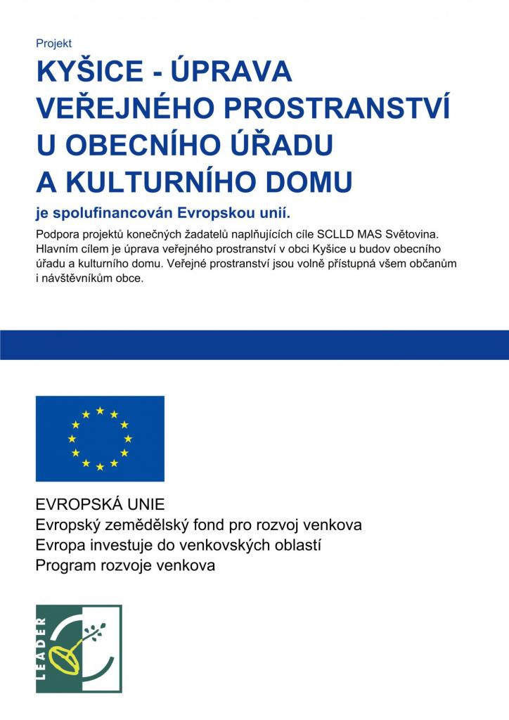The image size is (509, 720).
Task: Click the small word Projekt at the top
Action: point(53,44)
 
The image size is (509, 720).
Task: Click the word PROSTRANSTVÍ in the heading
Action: point(344,108)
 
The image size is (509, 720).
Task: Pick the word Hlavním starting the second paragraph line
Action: point(57,248)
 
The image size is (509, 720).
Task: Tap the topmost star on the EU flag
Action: point(100,410)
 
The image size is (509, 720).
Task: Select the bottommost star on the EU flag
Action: point(100,467)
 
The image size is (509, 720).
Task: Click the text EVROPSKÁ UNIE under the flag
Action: point(100,505)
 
